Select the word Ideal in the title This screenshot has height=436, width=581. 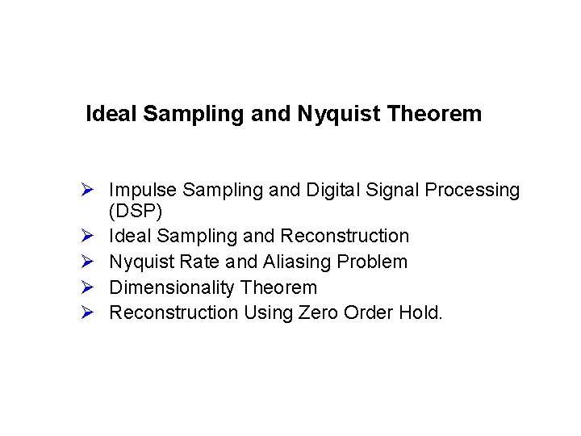click(x=111, y=114)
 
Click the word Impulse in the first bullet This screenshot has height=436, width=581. click(x=143, y=191)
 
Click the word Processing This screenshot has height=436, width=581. click(x=474, y=191)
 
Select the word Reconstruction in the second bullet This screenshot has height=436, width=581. click(x=344, y=237)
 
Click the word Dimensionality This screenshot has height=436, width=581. click(x=167, y=287)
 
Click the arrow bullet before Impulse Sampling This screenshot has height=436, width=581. click(x=90, y=191)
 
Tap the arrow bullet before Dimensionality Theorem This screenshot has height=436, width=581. click(x=90, y=287)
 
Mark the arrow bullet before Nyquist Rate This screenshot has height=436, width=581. click(x=90, y=262)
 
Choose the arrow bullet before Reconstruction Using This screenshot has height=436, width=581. click(x=90, y=312)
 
